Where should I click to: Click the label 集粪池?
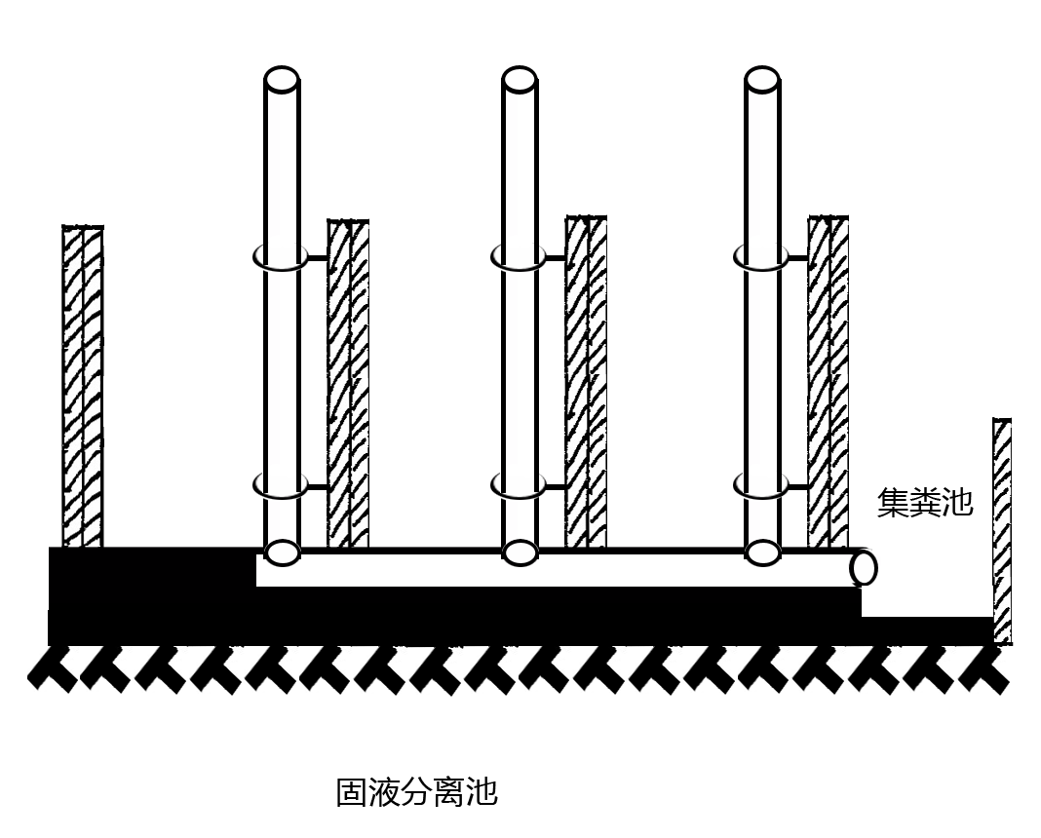(x=925, y=503)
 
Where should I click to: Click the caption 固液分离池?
(x=416, y=791)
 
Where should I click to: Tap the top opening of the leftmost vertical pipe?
(x=282, y=80)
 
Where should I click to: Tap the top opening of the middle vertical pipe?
(x=520, y=80)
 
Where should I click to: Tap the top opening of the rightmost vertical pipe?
(x=761, y=80)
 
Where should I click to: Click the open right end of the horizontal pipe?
(x=863, y=567)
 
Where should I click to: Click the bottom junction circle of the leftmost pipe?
(x=282, y=552)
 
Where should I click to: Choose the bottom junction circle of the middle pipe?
(x=520, y=552)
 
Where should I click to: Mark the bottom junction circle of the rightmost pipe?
(x=761, y=552)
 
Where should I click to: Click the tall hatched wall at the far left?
(x=83, y=386)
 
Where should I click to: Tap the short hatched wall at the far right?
(x=1001, y=531)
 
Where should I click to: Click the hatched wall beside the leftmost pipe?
(x=348, y=384)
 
